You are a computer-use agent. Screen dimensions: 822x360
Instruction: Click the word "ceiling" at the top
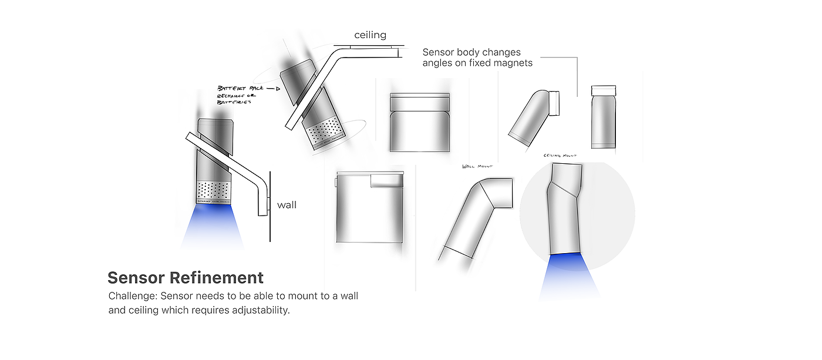tap(370, 35)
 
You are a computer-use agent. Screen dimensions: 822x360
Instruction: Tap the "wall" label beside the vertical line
tap(287, 205)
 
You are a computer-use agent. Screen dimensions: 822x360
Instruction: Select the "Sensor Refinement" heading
tap(186, 277)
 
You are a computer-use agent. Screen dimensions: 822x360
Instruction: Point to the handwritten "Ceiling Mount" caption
tap(561, 156)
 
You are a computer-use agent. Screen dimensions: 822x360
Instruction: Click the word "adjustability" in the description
tap(260, 310)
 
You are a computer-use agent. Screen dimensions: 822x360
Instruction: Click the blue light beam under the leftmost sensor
tap(213, 226)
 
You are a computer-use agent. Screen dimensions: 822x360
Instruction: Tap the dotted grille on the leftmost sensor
tap(213, 189)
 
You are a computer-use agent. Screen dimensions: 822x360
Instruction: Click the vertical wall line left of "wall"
tap(269, 206)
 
